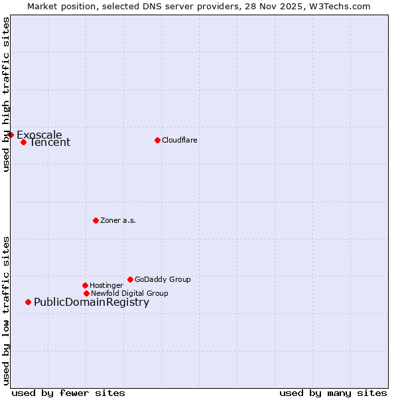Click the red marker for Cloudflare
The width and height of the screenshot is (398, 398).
click(157, 140)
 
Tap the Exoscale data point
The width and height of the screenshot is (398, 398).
click(11, 135)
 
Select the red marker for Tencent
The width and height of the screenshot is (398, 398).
click(23, 142)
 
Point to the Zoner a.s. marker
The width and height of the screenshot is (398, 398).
click(96, 220)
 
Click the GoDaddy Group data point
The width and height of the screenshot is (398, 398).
click(130, 279)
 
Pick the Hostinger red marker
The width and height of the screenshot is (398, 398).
click(85, 285)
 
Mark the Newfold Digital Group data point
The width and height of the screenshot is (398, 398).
click(86, 293)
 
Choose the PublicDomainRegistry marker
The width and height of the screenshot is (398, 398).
click(28, 302)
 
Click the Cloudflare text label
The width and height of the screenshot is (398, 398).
click(180, 140)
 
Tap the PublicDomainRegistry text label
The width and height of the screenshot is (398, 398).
click(92, 302)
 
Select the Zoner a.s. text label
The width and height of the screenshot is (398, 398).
click(118, 220)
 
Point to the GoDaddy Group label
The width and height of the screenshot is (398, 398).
click(163, 279)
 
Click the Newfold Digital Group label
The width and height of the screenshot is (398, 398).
click(129, 293)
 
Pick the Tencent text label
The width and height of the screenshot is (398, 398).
click(50, 143)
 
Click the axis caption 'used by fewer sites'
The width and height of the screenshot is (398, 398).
click(68, 393)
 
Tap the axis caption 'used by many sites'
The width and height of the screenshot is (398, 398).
click(333, 393)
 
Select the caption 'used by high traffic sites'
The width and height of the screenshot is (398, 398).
click(6, 94)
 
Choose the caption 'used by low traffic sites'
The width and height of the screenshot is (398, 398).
click(6, 310)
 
